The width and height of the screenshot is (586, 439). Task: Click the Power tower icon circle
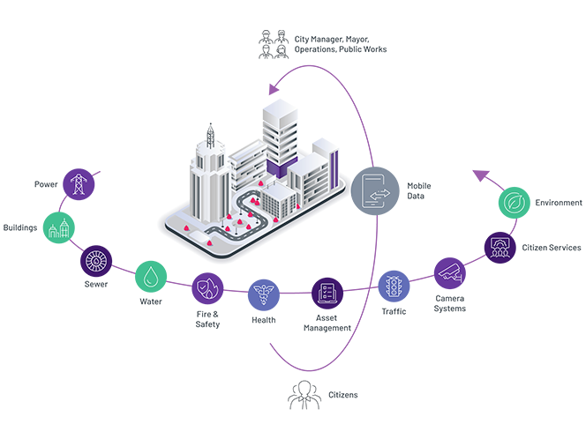click(79, 184)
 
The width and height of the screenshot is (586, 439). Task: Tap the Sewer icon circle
click(96, 261)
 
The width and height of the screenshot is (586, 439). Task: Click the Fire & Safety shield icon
click(207, 287)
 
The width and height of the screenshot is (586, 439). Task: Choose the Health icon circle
click(264, 293)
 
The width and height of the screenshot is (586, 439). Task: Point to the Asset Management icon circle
click(327, 292)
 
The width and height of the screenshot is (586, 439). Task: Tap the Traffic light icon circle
click(394, 286)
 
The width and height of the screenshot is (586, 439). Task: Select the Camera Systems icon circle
click(449, 272)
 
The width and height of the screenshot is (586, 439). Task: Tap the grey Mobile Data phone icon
click(374, 190)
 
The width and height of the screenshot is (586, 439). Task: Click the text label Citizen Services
click(551, 248)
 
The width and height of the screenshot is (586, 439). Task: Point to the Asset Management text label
click(327, 322)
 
